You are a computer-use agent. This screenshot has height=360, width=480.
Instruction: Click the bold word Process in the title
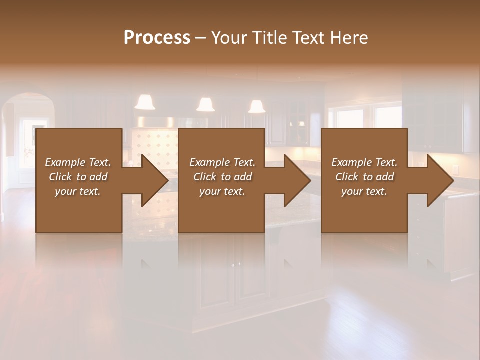click(157, 38)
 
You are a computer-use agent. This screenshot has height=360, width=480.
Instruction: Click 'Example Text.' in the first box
click(78, 162)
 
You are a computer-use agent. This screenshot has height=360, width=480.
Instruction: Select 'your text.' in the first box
click(78, 191)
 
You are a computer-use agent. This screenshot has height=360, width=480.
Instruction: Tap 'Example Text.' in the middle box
click(222, 162)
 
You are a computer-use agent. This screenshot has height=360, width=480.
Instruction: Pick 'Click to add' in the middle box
click(222, 177)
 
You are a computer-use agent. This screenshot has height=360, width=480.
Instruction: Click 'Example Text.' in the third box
click(364, 162)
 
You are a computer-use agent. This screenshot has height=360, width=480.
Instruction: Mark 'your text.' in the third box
click(364, 191)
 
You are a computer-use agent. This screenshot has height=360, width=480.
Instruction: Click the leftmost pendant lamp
click(145, 102)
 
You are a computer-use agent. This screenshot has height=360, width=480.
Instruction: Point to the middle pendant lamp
click(205, 104)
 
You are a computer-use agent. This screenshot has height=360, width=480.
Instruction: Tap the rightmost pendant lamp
click(257, 106)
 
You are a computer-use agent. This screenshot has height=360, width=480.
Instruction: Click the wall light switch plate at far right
click(455, 169)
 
